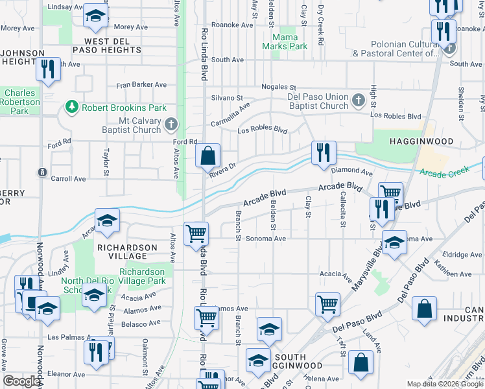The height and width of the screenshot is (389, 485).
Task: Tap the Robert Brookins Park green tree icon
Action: (72, 107)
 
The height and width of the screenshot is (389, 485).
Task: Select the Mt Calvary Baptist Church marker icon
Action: (171, 124)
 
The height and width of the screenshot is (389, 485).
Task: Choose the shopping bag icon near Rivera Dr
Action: (207, 156)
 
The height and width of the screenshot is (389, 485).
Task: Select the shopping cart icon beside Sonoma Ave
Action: (196, 234)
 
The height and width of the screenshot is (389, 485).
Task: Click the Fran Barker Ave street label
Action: (141, 84)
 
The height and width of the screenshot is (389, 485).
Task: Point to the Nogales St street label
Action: (278, 87)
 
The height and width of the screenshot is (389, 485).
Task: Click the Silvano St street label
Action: (226, 98)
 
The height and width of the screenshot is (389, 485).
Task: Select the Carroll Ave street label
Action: (68, 178)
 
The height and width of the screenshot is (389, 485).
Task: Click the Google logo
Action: (21, 381)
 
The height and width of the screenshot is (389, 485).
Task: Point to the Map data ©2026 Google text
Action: (444, 384)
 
